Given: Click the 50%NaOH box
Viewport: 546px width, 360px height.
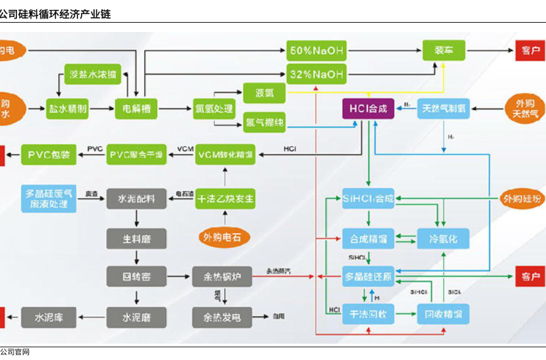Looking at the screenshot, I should [316, 50].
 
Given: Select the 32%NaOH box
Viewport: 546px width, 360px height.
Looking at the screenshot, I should [316, 73].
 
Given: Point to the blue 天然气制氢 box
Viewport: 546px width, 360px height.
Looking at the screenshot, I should [443, 109].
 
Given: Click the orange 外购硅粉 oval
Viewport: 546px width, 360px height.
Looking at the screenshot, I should [522, 198].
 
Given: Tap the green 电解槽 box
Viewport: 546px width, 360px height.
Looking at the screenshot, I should [136, 109].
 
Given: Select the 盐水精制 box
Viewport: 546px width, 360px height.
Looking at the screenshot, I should [67, 109].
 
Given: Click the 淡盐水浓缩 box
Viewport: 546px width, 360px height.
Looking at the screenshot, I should [92, 75].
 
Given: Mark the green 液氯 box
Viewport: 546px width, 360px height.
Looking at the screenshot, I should [264, 92].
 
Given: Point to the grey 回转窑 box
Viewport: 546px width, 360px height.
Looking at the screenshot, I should [136, 276].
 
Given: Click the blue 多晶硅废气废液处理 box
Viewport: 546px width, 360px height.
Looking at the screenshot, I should [48, 198].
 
